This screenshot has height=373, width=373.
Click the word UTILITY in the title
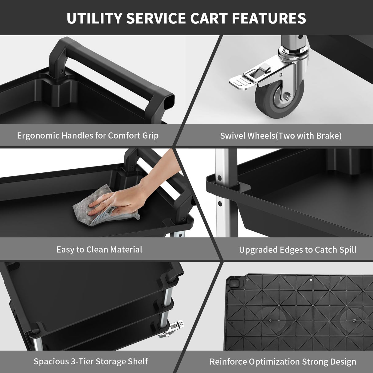(x=94, y=18)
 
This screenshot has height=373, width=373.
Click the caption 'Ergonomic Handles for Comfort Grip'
(x=88, y=135)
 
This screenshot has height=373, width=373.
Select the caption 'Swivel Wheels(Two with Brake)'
(x=281, y=136)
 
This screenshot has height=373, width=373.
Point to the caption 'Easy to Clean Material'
(x=99, y=249)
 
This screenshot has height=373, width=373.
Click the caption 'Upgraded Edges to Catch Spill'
(x=297, y=250)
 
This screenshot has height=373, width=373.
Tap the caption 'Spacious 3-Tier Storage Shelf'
(x=91, y=361)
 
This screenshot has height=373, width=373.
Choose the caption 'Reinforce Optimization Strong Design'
(x=283, y=362)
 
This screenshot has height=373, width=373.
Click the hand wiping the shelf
(x=120, y=200)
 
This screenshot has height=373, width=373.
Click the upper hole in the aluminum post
(x=220, y=178)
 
